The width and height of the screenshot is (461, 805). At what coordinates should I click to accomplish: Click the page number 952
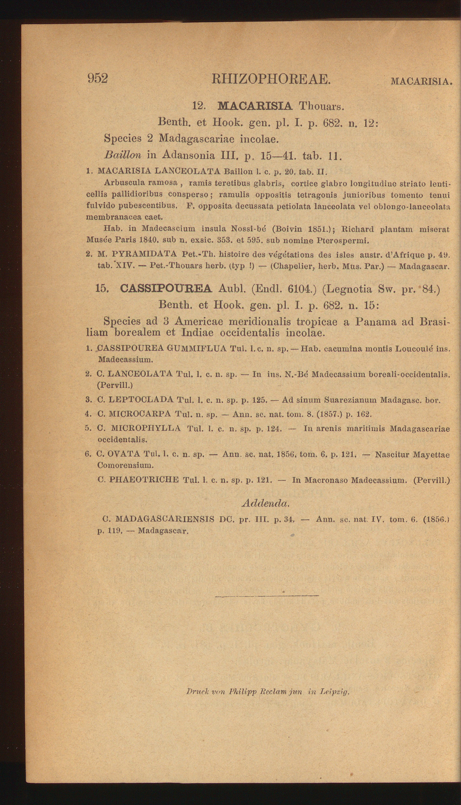98,78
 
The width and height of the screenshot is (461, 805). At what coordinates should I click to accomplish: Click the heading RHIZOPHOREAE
271,79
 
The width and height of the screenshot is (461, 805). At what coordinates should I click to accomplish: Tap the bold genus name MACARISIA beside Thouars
255,106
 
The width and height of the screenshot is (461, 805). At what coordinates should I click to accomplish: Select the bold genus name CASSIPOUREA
166,288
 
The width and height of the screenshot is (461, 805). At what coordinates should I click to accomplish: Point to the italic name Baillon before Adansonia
123,155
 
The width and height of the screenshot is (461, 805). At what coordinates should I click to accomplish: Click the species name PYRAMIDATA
144,254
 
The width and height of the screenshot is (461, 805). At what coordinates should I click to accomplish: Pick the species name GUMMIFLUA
196,349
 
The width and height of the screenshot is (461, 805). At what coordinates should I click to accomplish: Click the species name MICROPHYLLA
146,429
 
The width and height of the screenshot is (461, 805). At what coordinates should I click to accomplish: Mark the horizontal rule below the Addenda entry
267,596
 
